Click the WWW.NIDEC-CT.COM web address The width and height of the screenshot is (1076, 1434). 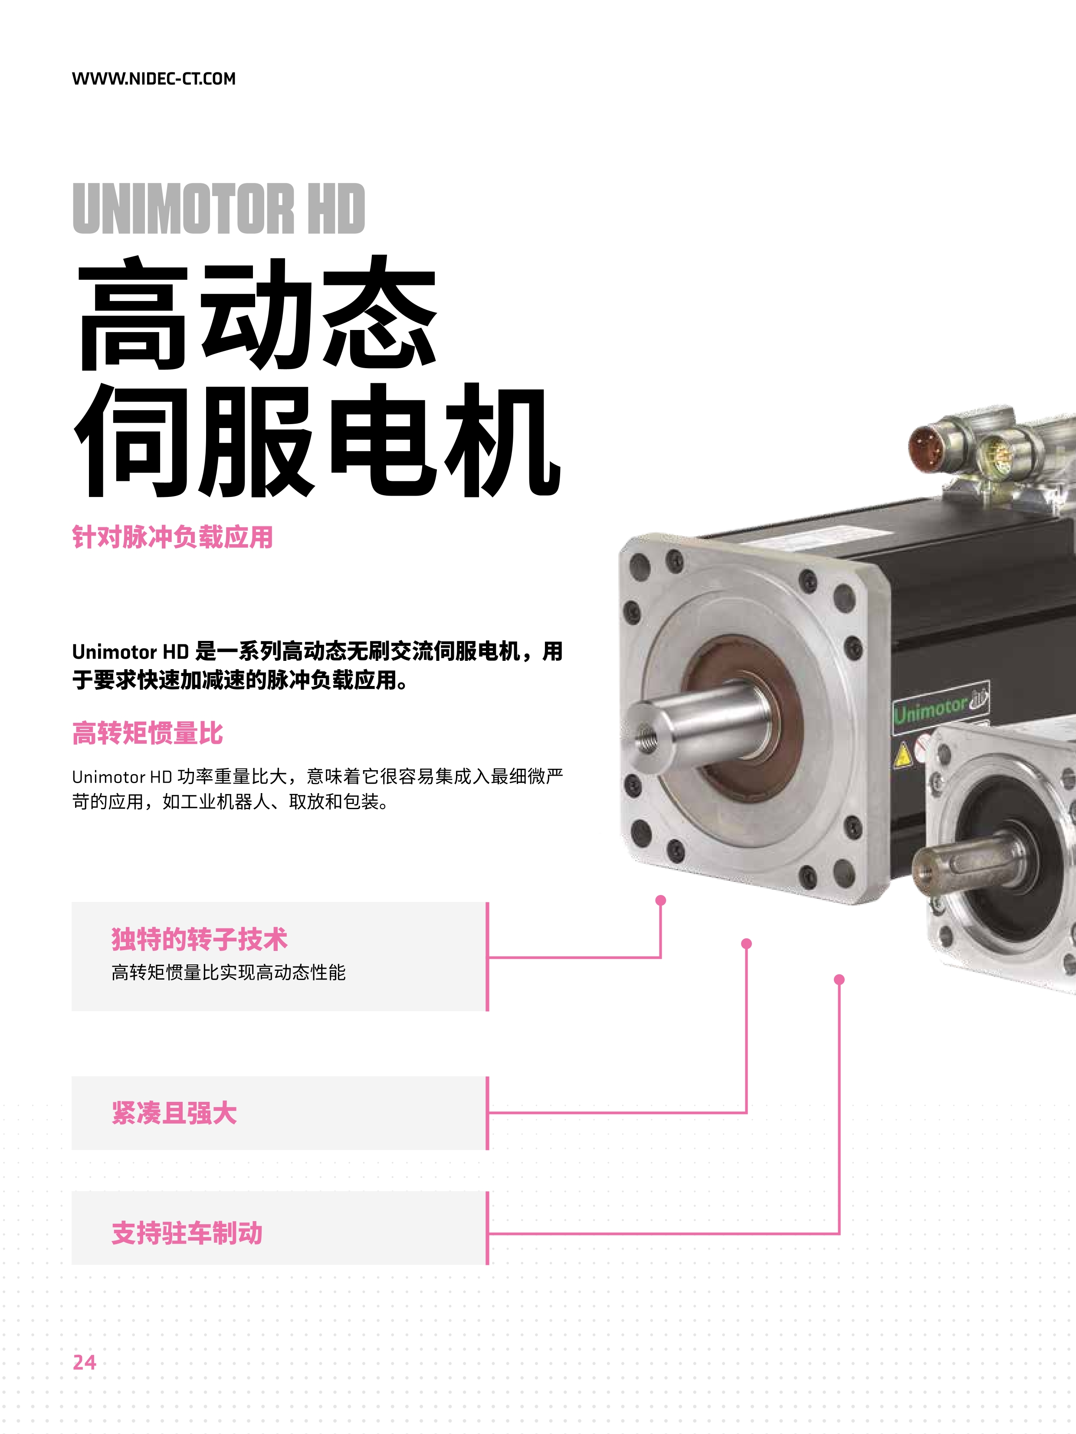coord(154,78)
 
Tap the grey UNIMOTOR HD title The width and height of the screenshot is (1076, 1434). coord(219,208)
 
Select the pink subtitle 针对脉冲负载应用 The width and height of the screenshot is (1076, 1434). coord(173,537)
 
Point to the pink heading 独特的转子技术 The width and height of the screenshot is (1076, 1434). coord(199,939)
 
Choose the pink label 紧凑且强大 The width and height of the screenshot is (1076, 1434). coord(174,1113)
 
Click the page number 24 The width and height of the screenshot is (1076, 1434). coord(84,1362)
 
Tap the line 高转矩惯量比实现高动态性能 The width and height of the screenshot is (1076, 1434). coord(228,973)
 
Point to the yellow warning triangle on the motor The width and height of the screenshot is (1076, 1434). coord(902,755)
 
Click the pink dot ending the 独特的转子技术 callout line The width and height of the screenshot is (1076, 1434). coord(661,901)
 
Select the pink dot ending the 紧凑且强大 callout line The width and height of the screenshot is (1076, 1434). coord(747,943)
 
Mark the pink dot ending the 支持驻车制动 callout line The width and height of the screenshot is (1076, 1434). coord(839,980)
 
